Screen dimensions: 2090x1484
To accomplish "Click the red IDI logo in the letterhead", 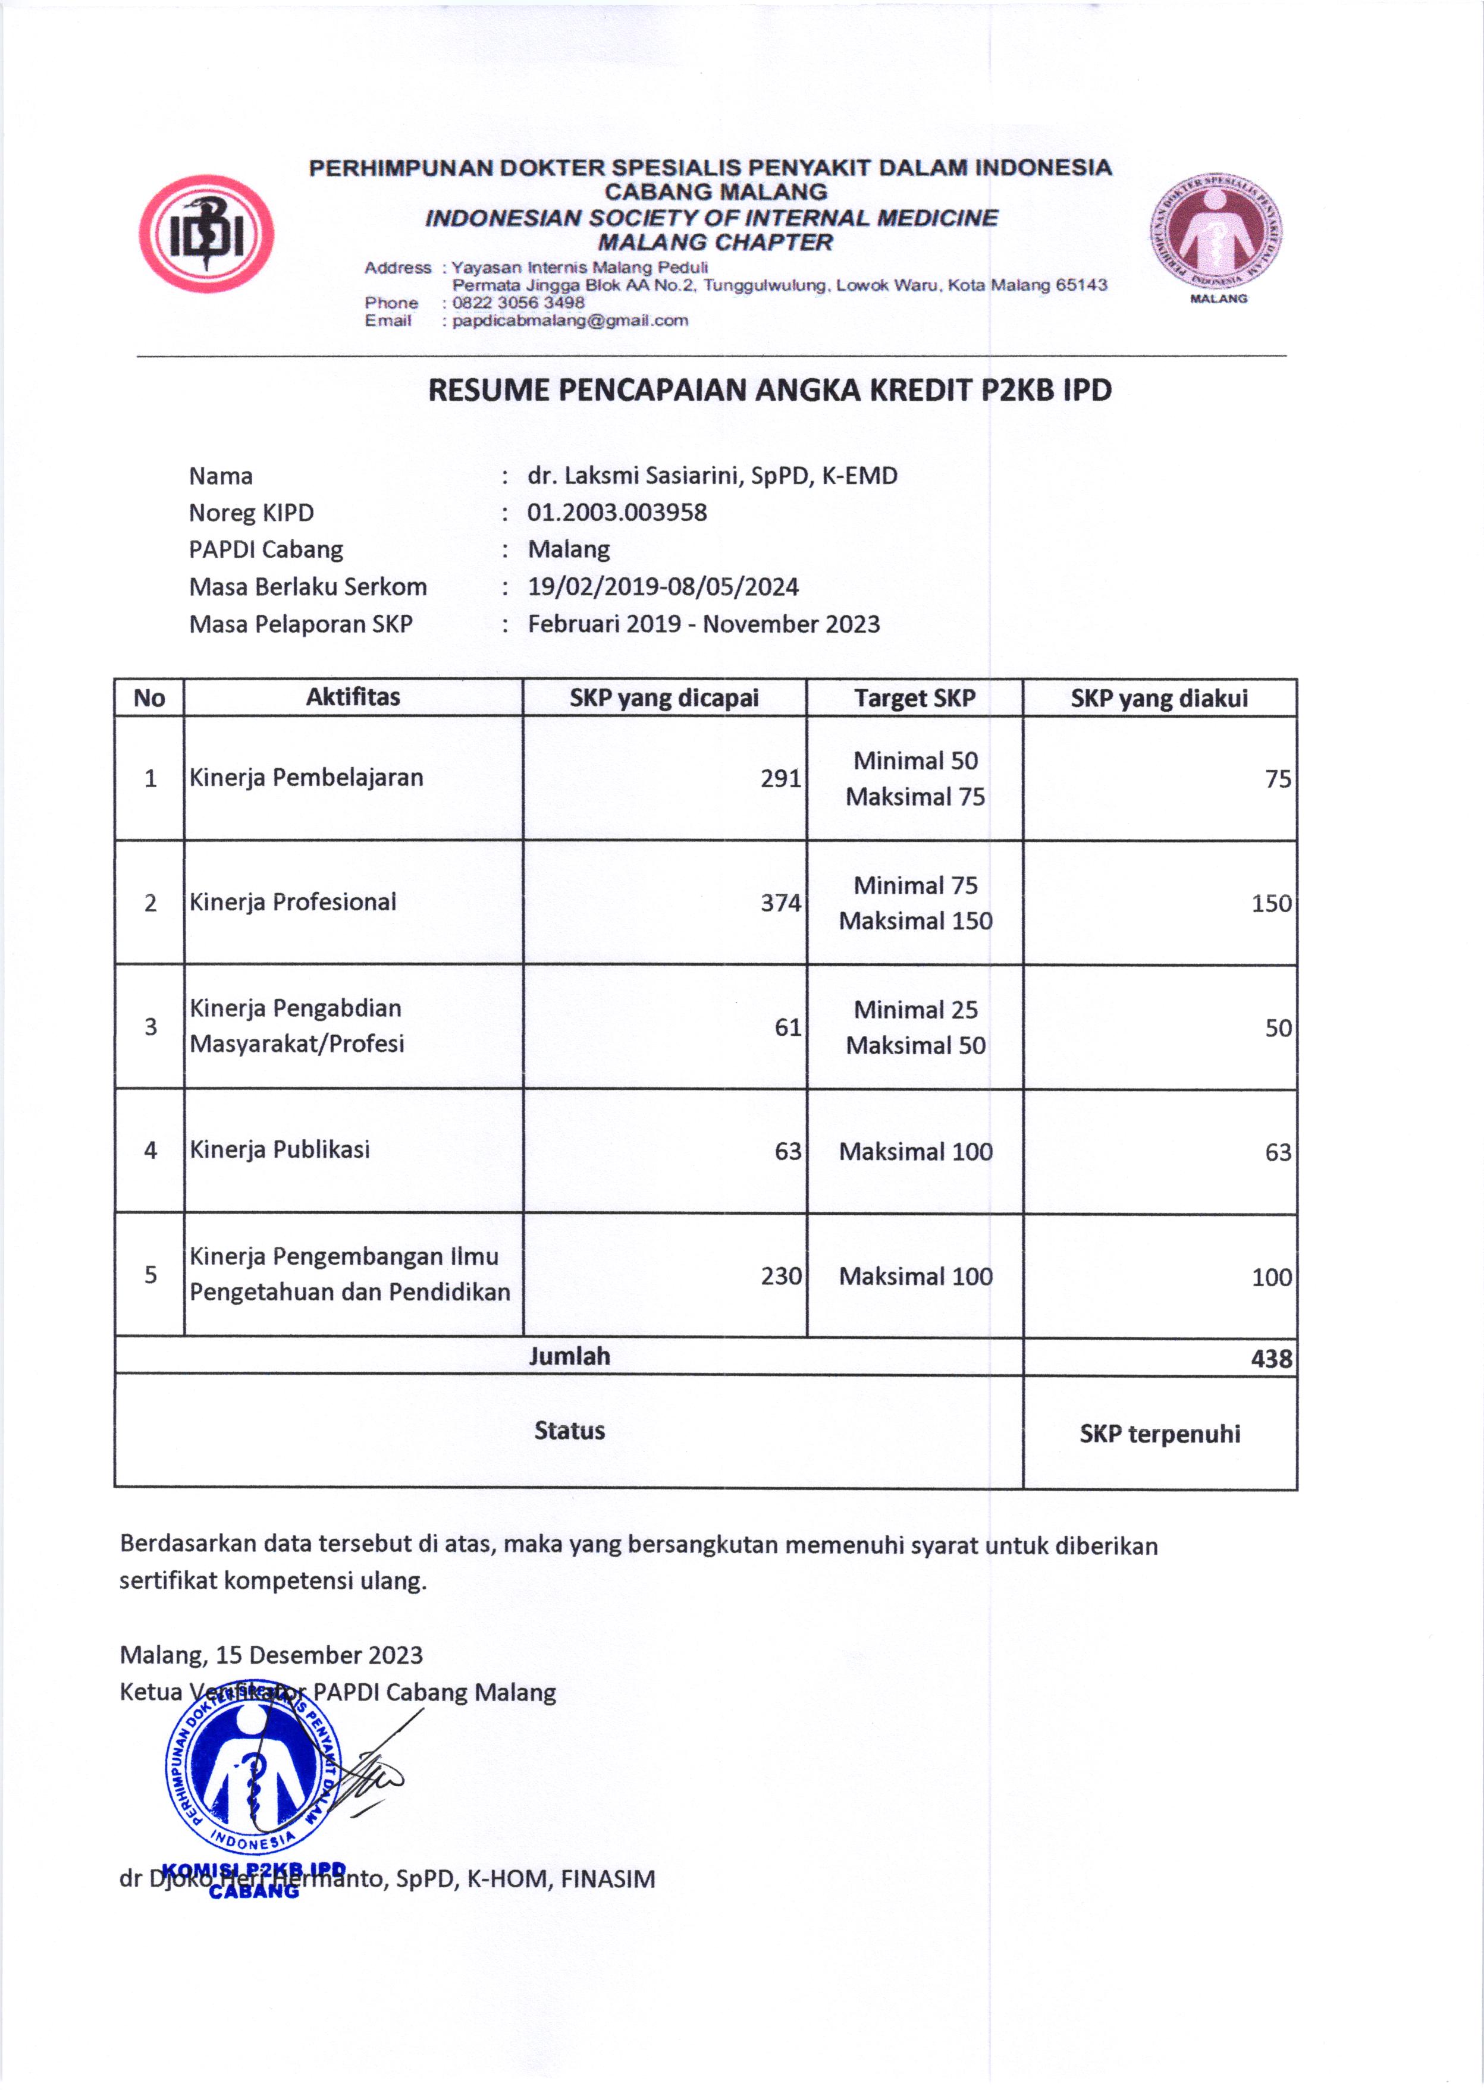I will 206,234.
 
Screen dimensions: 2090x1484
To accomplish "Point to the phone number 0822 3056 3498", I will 518,303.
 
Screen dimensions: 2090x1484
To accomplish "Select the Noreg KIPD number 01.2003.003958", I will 617,513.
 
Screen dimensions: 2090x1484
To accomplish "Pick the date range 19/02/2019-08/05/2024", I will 663,586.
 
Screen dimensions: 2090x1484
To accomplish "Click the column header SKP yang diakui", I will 1159,699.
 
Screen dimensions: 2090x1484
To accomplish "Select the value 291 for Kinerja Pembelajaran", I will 780,778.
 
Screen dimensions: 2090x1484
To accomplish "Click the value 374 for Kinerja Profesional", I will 780,903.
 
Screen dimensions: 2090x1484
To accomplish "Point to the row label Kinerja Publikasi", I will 280,1149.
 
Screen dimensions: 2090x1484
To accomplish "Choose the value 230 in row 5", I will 780,1276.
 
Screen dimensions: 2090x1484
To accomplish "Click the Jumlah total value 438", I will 1271,1358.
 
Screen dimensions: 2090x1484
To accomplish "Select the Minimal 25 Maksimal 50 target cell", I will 915,1027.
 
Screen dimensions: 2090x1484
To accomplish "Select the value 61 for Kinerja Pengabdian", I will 788,1027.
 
